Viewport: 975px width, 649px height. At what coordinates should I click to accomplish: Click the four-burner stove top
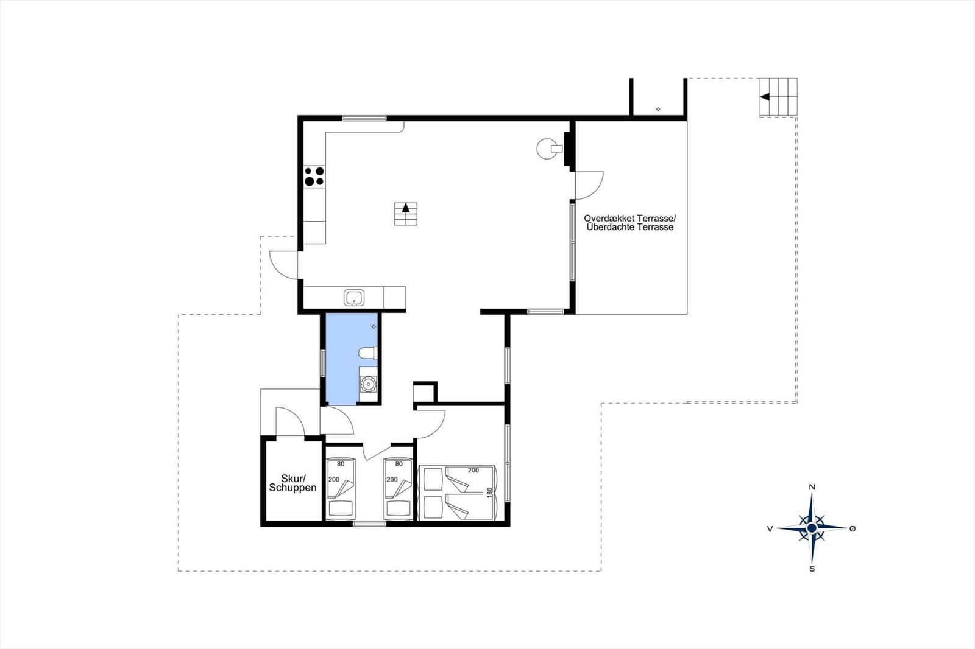pos(314,176)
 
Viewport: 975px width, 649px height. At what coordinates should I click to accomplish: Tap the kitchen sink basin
pos(354,298)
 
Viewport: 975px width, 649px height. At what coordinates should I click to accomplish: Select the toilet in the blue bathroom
pos(368,353)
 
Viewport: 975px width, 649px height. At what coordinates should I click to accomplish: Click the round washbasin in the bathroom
pos(368,384)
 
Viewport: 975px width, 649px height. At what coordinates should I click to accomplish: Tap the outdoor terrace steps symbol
pos(779,97)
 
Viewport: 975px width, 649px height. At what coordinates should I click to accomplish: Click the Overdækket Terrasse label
pos(630,218)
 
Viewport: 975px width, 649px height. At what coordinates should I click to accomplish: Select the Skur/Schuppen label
pos(292,483)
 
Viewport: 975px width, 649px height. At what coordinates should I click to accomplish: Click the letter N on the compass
pos(812,487)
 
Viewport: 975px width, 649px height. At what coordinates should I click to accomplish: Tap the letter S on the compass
pos(812,569)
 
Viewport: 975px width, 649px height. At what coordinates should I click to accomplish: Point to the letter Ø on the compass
pos(853,528)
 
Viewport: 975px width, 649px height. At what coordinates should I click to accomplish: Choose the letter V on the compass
pos(770,529)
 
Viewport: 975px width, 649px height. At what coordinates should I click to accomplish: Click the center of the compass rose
pos(812,528)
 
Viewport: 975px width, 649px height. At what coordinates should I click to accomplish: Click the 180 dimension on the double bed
pos(490,493)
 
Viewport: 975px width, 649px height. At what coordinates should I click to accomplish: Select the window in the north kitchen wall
pos(364,118)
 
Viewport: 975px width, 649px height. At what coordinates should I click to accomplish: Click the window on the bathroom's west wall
pos(322,363)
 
